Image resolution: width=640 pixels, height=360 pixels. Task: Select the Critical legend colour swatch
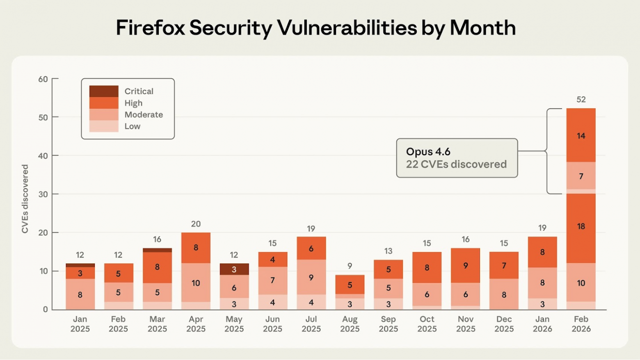tap(104, 91)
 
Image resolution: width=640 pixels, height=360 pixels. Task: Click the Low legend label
tap(132, 126)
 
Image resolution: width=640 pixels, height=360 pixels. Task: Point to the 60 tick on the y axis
tap(43, 79)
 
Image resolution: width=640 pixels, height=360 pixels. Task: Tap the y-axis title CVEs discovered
tap(25, 199)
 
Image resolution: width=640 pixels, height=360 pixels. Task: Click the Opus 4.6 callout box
tap(457, 158)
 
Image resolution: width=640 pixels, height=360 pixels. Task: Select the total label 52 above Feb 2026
tap(581, 99)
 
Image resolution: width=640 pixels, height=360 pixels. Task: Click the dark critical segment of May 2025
tap(234, 269)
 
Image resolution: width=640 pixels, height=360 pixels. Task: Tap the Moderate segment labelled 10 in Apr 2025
tap(196, 283)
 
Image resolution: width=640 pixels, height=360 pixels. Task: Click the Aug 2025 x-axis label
tap(350, 324)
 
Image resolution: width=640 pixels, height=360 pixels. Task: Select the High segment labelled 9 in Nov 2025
tap(465, 265)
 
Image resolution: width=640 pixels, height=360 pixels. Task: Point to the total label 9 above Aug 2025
tap(350, 266)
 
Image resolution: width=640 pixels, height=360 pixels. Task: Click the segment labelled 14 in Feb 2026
tap(581, 135)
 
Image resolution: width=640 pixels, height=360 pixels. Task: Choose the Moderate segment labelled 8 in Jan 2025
tap(80, 294)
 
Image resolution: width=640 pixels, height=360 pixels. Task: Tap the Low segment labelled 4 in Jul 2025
tap(311, 302)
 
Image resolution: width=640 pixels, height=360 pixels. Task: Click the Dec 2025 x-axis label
tap(504, 324)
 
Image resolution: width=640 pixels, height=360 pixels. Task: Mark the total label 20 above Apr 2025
tap(196, 224)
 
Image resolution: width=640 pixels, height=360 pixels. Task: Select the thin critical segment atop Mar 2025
tap(157, 250)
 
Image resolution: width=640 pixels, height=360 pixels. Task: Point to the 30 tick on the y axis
tap(43, 194)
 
